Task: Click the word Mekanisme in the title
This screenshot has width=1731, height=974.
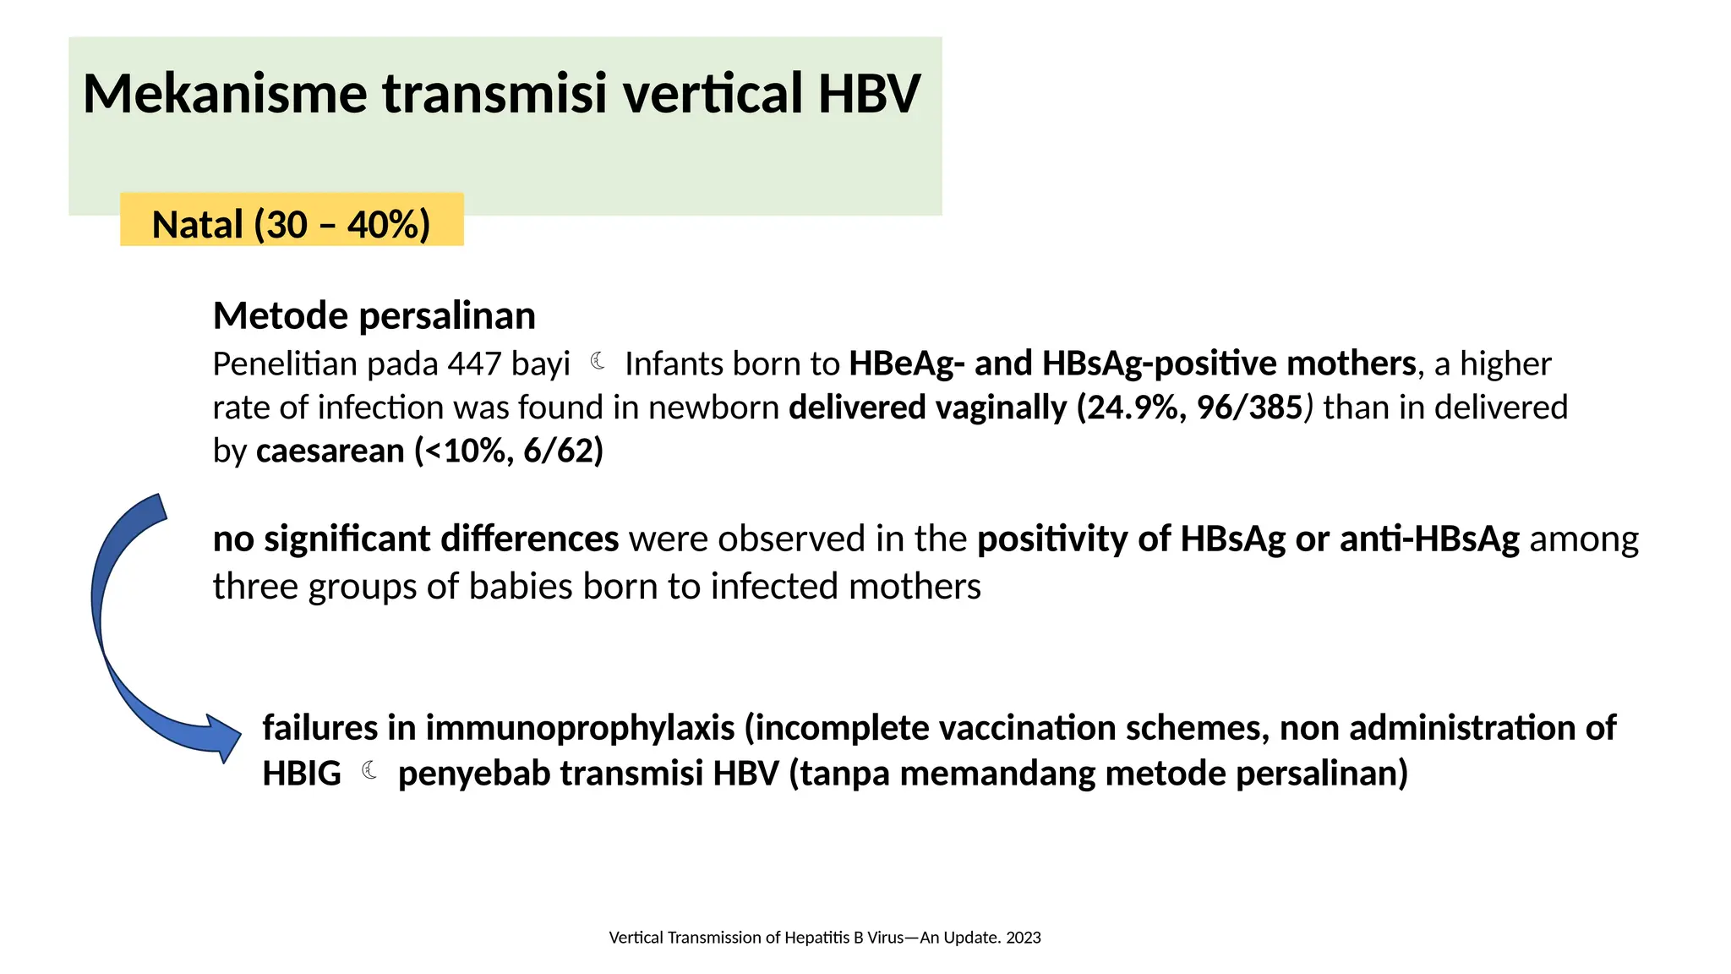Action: [x=225, y=94]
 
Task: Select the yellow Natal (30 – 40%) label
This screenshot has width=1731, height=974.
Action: [x=292, y=224]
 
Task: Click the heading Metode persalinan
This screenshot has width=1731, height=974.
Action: [x=374, y=315]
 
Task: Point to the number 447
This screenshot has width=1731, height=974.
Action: [x=474, y=364]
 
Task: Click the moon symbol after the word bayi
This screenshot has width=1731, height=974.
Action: [x=598, y=362]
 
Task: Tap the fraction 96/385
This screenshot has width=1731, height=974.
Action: [x=1249, y=408]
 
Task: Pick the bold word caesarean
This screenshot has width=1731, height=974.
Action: [x=330, y=451]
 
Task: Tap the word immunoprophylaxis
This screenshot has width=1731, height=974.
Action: [x=580, y=728]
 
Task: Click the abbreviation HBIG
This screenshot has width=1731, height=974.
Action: [x=301, y=774]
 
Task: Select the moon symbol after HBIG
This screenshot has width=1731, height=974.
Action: [x=369, y=770]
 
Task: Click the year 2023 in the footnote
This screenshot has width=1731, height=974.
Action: [x=1023, y=938]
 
